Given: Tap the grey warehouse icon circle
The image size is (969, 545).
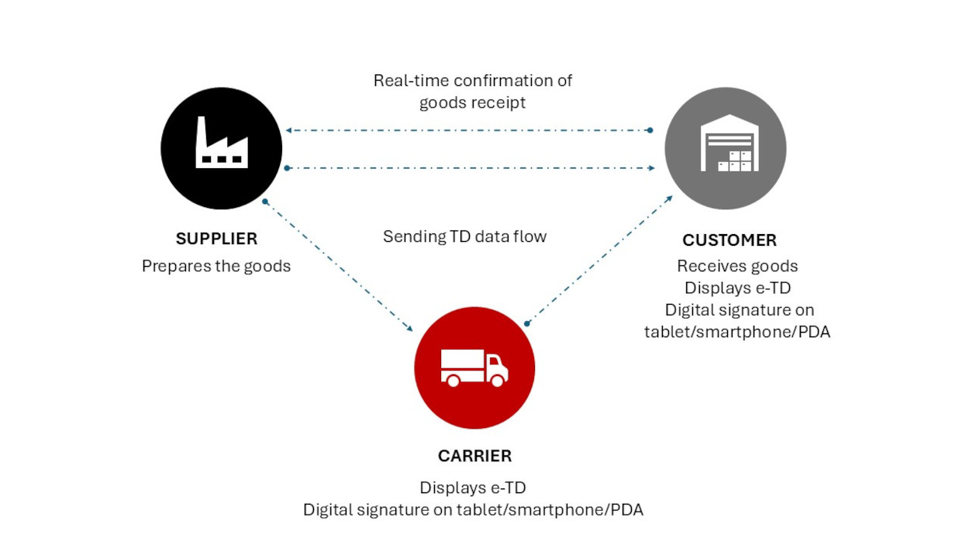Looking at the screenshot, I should point(726,148).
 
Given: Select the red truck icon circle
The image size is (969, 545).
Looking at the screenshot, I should point(474,367).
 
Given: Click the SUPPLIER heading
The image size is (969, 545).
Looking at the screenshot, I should point(216,239).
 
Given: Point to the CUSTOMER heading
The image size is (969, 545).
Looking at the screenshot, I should point(729,240).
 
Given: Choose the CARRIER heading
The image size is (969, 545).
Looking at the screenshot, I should point(474,456).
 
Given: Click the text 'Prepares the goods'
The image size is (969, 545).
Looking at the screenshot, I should point(216,266).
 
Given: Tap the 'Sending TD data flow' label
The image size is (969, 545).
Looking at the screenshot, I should point(464,236).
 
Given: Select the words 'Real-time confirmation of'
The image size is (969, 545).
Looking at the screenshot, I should point(473,80).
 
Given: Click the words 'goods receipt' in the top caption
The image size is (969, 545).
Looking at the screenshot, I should point(473,102).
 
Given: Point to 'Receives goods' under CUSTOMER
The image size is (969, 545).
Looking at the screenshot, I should point(737,266).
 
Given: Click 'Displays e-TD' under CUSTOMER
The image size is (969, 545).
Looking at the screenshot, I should point(737,288).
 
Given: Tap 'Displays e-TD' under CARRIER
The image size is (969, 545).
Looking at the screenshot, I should point(473,488).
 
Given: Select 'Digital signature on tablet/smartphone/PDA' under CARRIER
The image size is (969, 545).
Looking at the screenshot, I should point(473,510).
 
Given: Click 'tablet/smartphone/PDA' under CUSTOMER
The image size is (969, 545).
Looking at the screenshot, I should point(737,332).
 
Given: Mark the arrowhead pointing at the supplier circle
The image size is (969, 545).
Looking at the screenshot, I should point(288,130).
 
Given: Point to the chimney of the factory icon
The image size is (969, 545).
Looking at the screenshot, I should point(202,129).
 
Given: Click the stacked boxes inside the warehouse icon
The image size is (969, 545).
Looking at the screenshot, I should point(735,161).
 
